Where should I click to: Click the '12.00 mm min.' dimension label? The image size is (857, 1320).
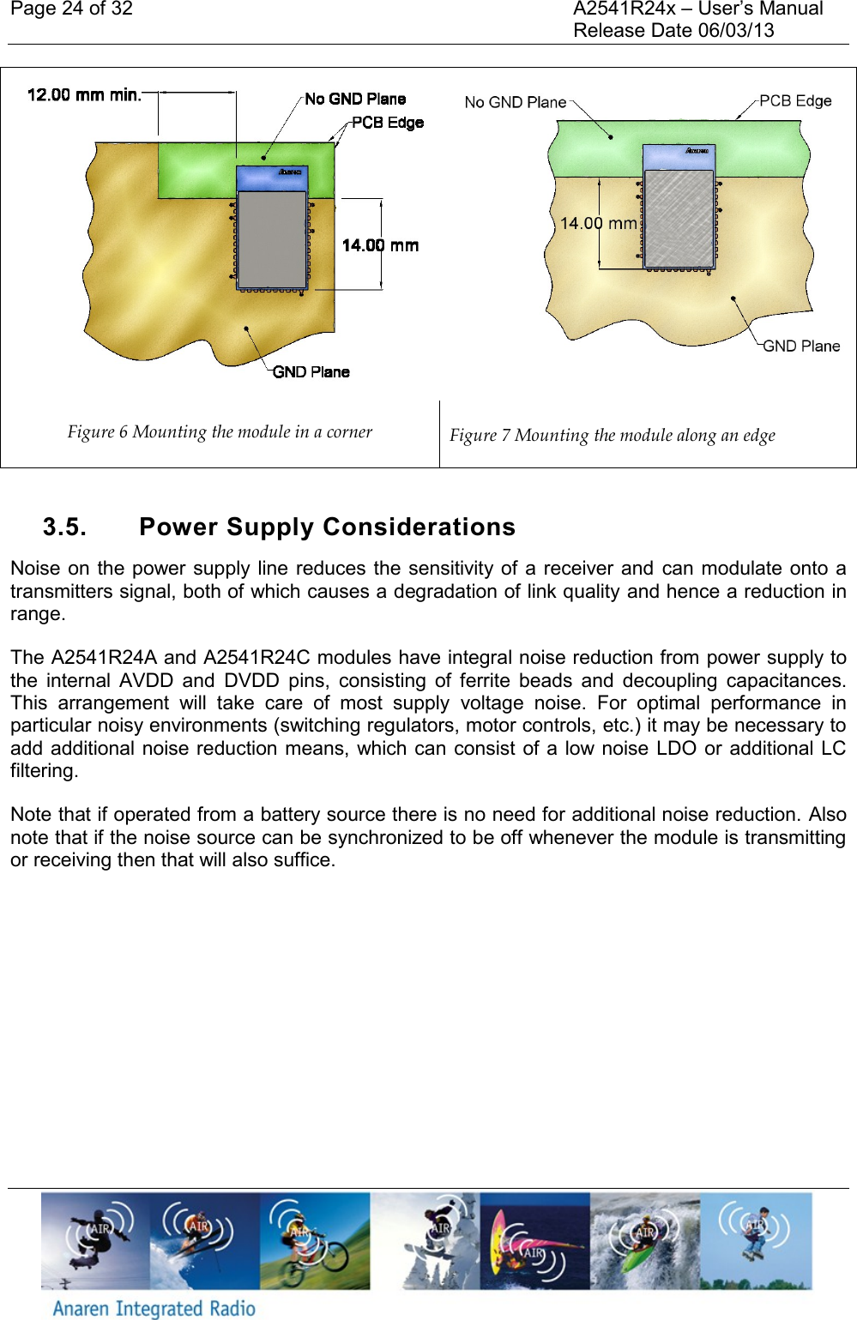click(84, 94)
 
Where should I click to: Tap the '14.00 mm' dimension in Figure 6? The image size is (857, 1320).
click(380, 245)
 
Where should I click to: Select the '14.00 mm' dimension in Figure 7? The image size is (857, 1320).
click(598, 223)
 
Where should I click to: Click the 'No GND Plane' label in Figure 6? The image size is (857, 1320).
click(355, 99)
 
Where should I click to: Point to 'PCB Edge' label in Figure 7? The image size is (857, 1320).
click(794, 100)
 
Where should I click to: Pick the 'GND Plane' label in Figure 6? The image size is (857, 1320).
click(311, 371)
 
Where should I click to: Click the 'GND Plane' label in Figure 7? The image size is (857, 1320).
click(800, 346)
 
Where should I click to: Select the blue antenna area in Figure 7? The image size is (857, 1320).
click(679, 156)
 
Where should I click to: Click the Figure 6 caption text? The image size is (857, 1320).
click(220, 431)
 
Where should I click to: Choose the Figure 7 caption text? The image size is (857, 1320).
click(612, 435)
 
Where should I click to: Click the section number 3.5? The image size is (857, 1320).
click(64, 527)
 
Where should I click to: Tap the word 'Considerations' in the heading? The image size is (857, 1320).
click(419, 527)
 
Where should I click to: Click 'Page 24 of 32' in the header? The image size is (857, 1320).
click(71, 9)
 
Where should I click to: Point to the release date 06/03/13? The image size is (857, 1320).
click(735, 31)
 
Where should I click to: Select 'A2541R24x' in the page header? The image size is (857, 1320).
click(624, 9)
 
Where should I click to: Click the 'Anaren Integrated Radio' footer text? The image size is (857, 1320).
click(154, 1308)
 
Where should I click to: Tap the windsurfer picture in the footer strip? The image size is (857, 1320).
click(534, 1241)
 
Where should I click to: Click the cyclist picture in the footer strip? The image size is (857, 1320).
click(314, 1241)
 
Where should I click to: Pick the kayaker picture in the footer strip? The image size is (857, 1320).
click(644, 1241)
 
